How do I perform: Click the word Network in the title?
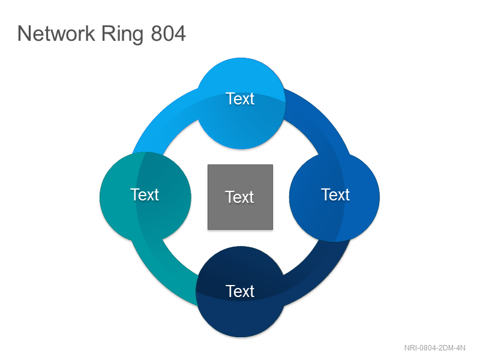coord(56,34)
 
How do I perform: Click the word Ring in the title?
coord(122,35)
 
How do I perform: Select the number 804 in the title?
coord(169,34)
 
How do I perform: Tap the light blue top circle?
coord(241,103)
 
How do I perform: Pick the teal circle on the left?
coord(145,197)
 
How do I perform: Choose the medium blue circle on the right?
coord(334,197)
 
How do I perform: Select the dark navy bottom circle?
coord(241,292)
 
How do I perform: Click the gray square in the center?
coord(241,197)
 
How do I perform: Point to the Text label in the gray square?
coord(239,197)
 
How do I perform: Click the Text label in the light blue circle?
coord(241,98)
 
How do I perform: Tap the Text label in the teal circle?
coord(145,194)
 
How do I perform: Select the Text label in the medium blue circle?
coord(335,194)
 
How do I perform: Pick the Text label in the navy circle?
coord(240,291)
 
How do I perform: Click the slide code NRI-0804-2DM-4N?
coord(434,348)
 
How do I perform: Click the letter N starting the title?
coord(24,34)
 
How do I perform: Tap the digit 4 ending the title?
coord(180,34)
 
